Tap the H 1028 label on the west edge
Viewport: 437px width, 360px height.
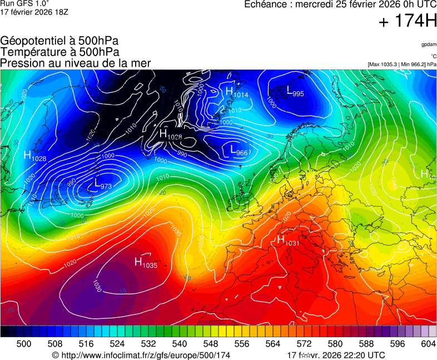(35, 157)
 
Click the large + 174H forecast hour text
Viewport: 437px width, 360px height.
(407, 22)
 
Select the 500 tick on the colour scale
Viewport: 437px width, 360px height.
(24, 344)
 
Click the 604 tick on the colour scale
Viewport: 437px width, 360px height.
(428, 344)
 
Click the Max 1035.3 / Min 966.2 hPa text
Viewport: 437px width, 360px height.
(402, 64)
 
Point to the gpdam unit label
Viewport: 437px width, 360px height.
(429, 44)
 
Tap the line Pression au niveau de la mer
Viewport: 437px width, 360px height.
(76, 63)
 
